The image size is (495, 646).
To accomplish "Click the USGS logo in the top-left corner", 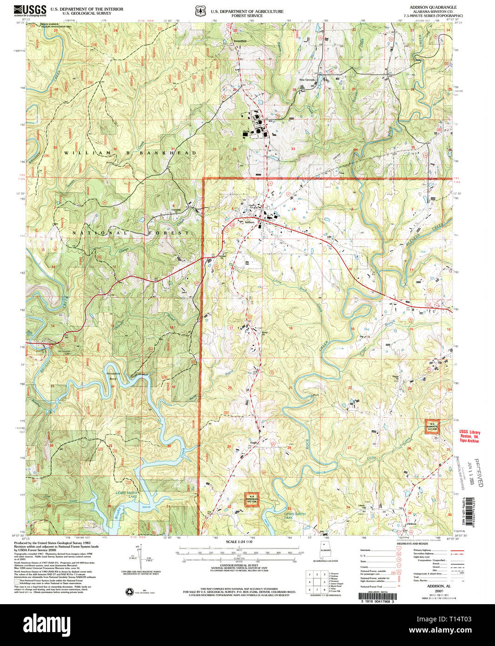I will coord(30,9).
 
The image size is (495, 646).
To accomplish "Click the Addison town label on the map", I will coord(250,222).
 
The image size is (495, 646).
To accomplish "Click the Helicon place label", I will coord(411,524).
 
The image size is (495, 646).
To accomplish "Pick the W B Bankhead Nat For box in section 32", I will coord(251,500).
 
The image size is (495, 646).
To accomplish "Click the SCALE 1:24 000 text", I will coord(239,542).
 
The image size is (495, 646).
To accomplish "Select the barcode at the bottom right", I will coord(378,596).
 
